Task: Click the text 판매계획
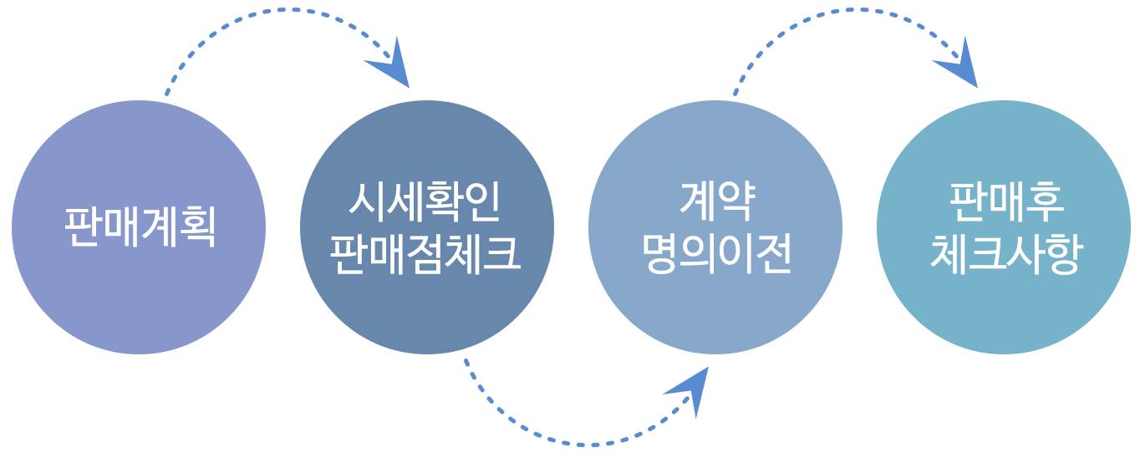140,226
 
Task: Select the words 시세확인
426,202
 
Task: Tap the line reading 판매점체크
426,254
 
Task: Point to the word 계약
716,202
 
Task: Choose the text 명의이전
716,254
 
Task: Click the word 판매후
1005,202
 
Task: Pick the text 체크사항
1005,254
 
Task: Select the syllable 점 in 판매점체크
426,254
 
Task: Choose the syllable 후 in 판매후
1044,202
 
